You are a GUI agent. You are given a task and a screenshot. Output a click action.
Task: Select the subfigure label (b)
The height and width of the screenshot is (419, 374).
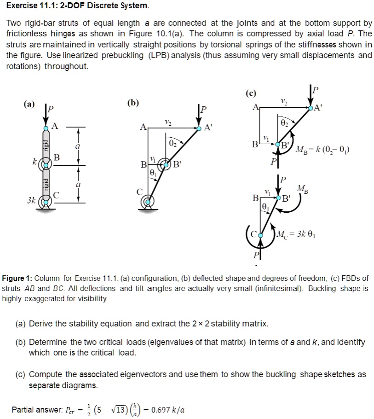[134, 102]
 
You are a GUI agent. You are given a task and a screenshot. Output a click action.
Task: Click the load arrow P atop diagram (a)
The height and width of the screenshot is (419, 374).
[46, 115]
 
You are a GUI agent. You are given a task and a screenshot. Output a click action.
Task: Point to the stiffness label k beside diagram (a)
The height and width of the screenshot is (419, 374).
[34, 162]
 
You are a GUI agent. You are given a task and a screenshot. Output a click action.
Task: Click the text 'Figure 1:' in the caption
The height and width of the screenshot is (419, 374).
[17, 279]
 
